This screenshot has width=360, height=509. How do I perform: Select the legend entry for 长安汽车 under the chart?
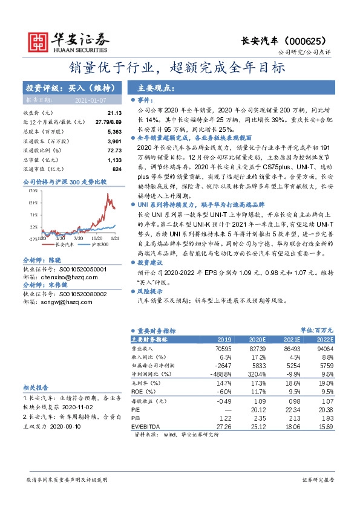pyautogui.click(x=63, y=245)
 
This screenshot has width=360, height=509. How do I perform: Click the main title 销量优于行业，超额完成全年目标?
pyautogui.click(x=180, y=68)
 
